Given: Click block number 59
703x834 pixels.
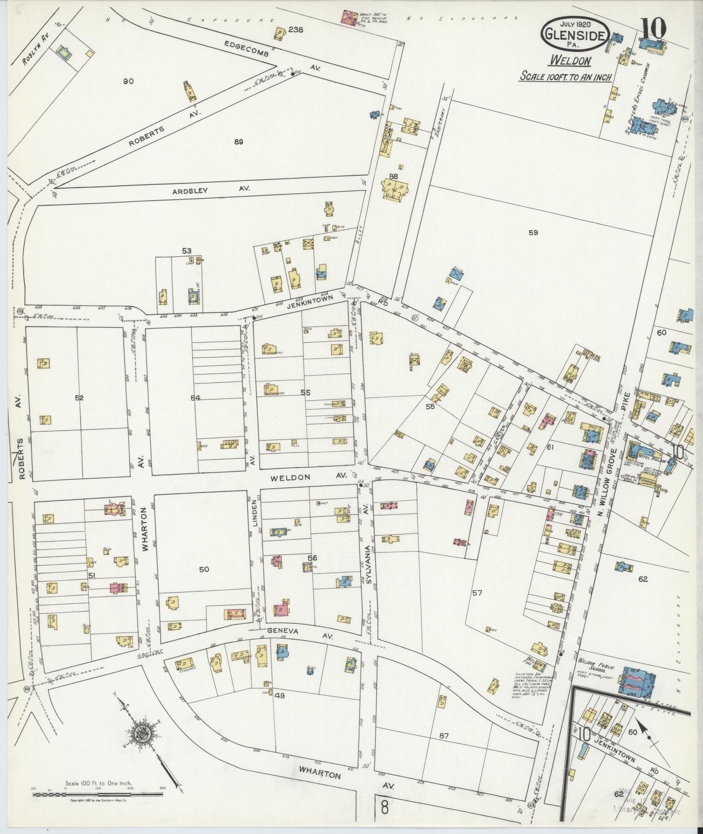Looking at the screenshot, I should pos(533,233).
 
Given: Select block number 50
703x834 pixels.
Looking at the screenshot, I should pos(204,569).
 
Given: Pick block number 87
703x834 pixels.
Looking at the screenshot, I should pos(444,736).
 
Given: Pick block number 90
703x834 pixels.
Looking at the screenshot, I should pos(128,82).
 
